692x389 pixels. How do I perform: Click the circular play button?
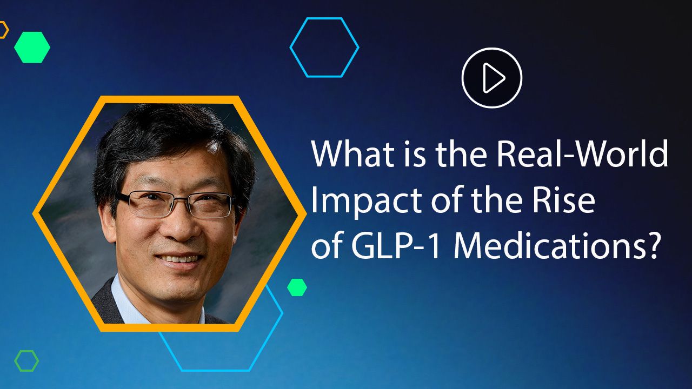pos(491,78)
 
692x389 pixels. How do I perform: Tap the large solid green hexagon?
pos(32,48)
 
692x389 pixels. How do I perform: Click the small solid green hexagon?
pos(297,287)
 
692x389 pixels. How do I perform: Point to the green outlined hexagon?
pos(26,361)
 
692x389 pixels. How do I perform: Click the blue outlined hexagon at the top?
pos(324,48)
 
